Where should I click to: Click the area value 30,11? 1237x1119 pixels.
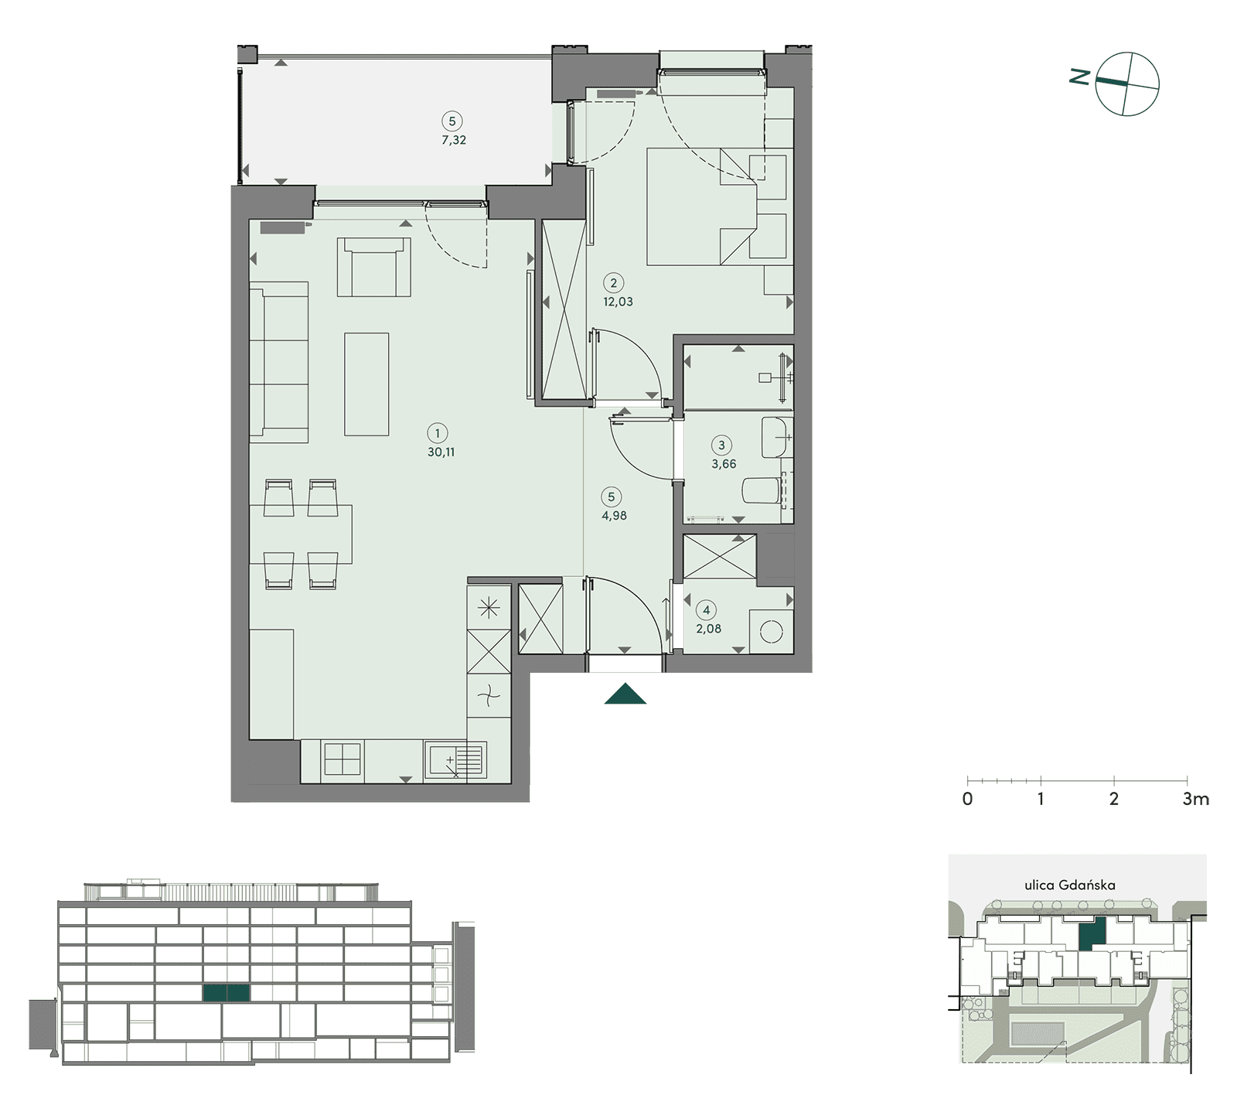click(x=441, y=452)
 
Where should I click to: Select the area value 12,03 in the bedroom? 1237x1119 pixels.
click(x=618, y=302)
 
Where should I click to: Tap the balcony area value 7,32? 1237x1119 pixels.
click(x=454, y=140)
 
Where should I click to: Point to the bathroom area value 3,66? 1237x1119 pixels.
click(x=724, y=464)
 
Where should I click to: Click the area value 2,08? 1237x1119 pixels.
click(x=708, y=629)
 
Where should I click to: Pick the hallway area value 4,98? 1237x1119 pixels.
click(x=614, y=516)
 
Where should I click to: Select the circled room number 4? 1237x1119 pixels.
click(x=706, y=609)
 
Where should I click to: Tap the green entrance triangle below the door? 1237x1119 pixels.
click(x=625, y=694)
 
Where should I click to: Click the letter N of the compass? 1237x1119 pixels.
click(x=1079, y=76)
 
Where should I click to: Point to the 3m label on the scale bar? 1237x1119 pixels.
click(x=1195, y=799)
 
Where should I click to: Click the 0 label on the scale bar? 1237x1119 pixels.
click(x=967, y=799)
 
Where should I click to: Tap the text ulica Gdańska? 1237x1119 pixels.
click(x=1070, y=885)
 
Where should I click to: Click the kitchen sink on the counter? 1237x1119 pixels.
click(x=455, y=759)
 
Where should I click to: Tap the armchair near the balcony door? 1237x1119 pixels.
click(x=374, y=267)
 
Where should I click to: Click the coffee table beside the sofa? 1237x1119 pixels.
click(x=366, y=384)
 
